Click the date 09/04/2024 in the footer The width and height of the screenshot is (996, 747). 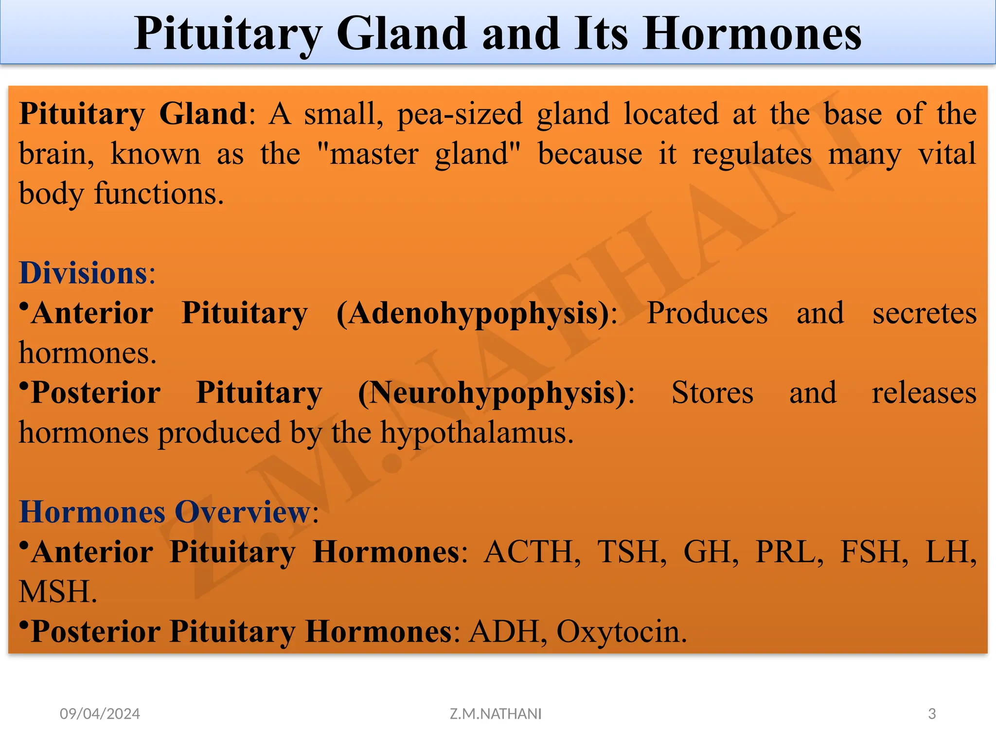pyautogui.click(x=100, y=714)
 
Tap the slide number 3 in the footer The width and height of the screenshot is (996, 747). pyautogui.click(x=932, y=714)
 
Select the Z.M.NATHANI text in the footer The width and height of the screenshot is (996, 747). pyautogui.click(x=495, y=714)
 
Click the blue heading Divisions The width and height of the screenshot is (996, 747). pyautogui.click(x=83, y=273)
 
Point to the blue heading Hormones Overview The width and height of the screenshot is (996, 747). pyautogui.click(x=164, y=512)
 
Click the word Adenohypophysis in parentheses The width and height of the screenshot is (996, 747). pyautogui.click(x=472, y=314)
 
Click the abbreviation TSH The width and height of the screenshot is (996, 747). pyautogui.click(x=632, y=552)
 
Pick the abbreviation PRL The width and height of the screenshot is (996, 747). pyautogui.click(x=789, y=552)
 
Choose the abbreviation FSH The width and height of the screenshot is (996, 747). pyautogui.click(x=874, y=552)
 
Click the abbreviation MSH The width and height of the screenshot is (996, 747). pyautogui.click(x=57, y=592)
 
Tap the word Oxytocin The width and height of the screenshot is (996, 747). pyautogui.click(x=621, y=632)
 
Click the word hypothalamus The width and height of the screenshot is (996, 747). pyautogui.click(x=476, y=433)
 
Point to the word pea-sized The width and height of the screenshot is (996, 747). pyautogui.click(x=460, y=115)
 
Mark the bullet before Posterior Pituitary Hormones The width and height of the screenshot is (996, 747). pyautogui.click(x=23, y=624)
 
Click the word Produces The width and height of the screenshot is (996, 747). pyautogui.click(x=707, y=313)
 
